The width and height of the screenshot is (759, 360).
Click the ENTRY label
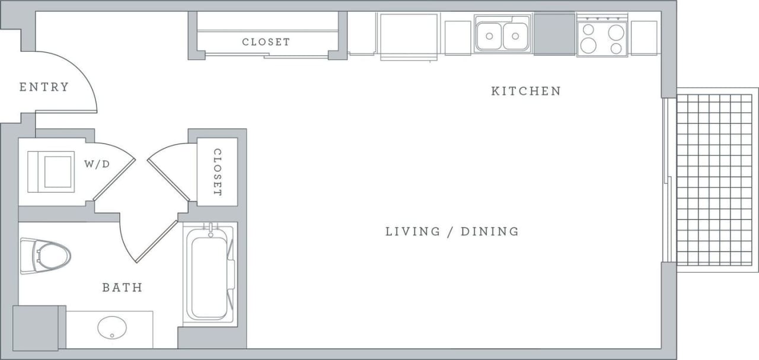[x=44, y=87]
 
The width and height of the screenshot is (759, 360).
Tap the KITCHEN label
[x=526, y=91]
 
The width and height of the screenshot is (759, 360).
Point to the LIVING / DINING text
[x=452, y=231]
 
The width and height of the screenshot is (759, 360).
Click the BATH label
[x=122, y=288]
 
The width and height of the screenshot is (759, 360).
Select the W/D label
[x=97, y=164]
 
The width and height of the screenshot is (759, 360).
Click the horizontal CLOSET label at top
[x=266, y=42]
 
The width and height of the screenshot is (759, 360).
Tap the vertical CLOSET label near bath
[x=217, y=172]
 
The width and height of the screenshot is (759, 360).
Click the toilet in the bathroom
[x=45, y=256]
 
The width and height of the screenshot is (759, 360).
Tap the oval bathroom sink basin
[x=112, y=327]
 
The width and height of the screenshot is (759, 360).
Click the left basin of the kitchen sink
[x=489, y=36]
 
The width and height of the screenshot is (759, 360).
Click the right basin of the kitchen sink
[x=515, y=36]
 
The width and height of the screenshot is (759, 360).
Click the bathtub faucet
[x=210, y=230]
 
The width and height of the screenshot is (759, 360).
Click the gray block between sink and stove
[x=554, y=34]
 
